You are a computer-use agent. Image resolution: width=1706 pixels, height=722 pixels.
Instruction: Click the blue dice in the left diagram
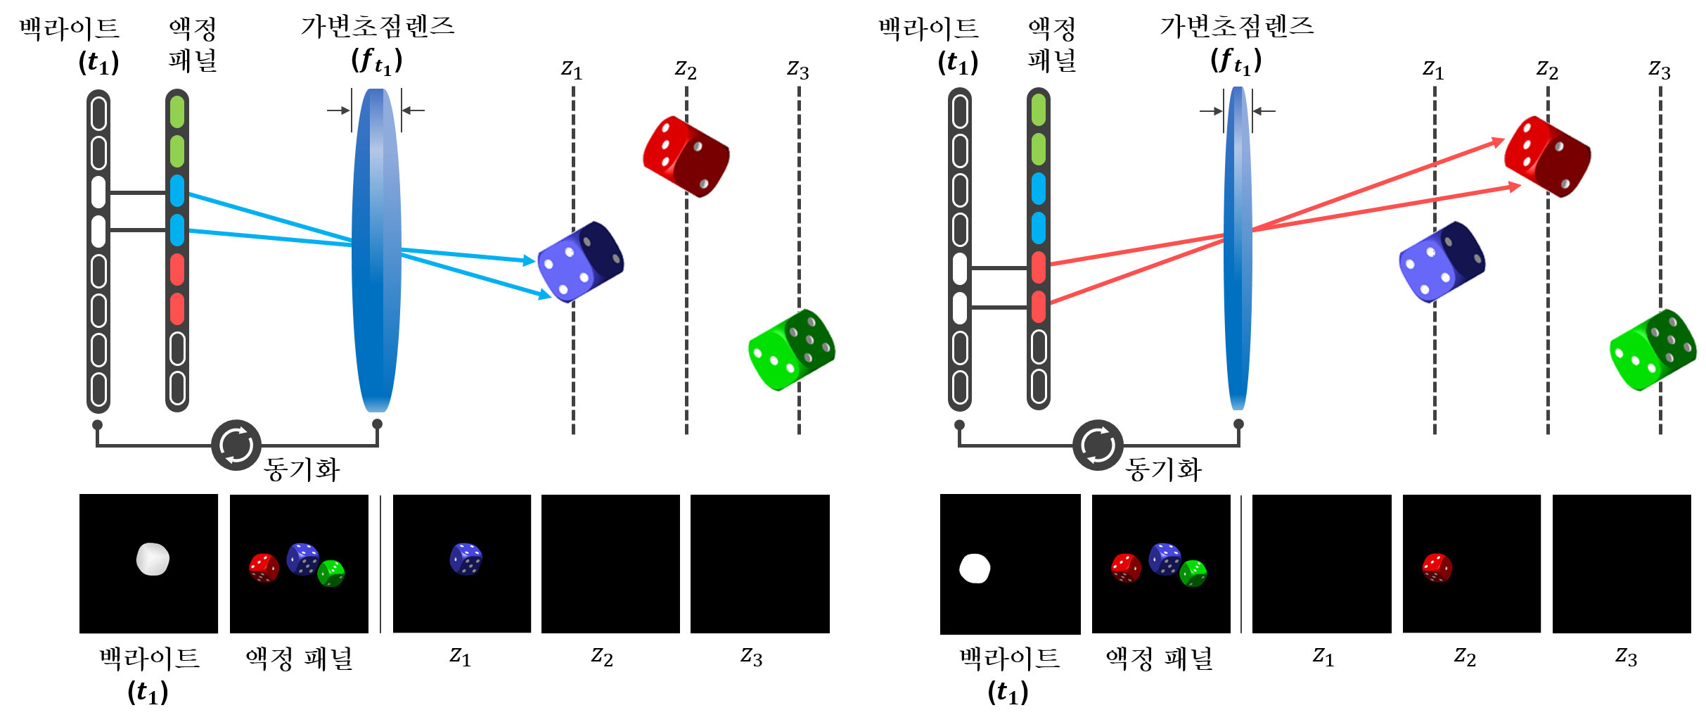[580, 262]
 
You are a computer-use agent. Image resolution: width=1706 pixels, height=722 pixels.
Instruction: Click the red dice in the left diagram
[686, 156]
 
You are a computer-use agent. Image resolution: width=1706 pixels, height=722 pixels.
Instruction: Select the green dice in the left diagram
[792, 350]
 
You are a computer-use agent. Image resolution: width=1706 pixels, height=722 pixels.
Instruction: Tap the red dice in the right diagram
[1547, 156]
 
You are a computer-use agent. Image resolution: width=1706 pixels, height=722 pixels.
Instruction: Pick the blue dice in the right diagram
[1442, 262]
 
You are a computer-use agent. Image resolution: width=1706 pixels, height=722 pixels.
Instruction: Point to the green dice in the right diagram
[1653, 350]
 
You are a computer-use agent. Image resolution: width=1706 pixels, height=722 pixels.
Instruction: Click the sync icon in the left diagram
[236, 445]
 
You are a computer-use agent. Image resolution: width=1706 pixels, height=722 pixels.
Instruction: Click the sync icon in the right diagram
[1098, 445]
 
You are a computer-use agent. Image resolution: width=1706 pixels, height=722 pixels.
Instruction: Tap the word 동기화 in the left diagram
[302, 469]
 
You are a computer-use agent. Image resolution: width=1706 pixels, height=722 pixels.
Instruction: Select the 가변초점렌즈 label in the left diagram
[378, 27]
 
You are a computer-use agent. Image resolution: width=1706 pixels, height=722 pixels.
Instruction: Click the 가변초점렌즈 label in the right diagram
[1237, 27]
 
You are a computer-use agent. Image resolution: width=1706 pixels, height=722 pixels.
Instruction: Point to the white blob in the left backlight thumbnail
[153, 559]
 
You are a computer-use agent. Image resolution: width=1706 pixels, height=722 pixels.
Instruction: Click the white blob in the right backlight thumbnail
[975, 569]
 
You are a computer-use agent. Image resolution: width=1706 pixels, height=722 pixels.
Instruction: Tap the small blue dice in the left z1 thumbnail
[466, 559]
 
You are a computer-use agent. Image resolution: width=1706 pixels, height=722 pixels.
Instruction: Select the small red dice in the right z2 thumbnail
[1437, 568]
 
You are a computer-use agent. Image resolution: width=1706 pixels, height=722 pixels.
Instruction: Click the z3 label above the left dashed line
[798, 69]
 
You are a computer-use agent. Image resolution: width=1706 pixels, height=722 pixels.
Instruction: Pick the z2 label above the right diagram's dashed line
[1547, 69]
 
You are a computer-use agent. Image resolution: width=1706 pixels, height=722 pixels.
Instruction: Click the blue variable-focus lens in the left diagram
[377, 250]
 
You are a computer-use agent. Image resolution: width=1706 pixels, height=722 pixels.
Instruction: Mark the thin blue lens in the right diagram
[1238, 248]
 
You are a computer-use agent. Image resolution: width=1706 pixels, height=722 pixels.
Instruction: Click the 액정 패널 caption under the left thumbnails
[299, 659]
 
